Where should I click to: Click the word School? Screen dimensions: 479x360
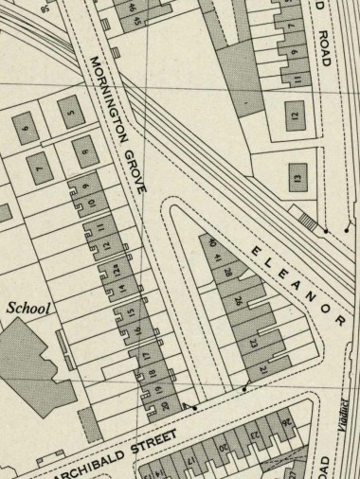(28, 308)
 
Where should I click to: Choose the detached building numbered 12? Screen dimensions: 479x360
(296, 117)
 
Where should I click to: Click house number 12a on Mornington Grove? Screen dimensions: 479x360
(117, 271)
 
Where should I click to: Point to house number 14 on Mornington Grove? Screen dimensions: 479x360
(122, 290)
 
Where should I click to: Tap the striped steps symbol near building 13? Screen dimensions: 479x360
(307, 220)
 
